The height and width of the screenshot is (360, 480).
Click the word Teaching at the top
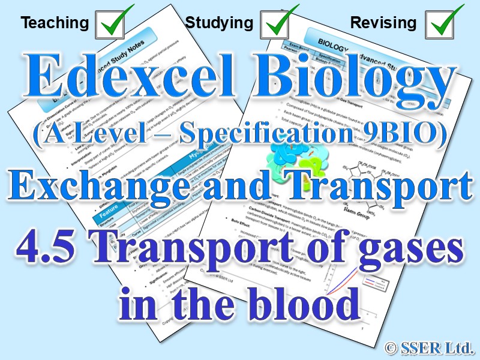click(55, 23)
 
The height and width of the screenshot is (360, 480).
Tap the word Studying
click(219, 23)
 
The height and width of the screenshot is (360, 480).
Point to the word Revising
click(383, 23)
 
